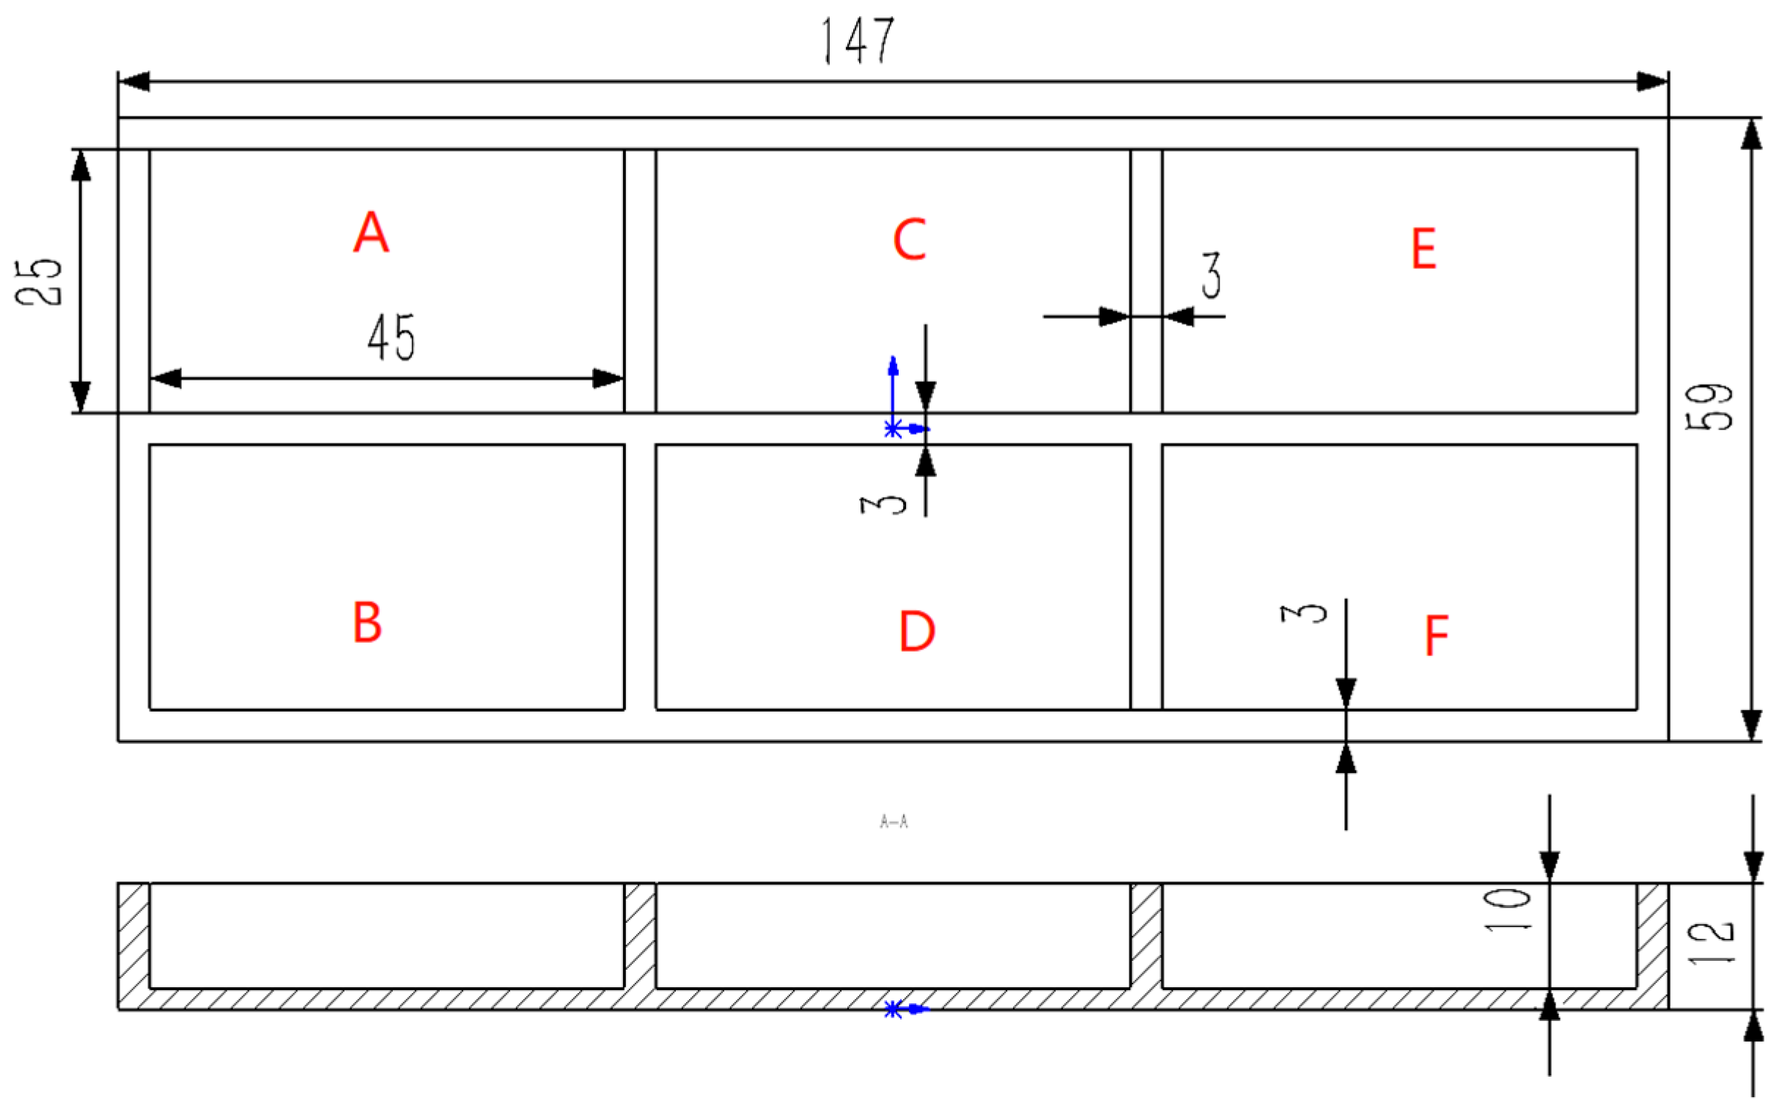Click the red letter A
371,232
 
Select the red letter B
368,622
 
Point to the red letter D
917,631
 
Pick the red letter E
1423,248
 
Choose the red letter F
1436,635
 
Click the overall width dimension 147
858,40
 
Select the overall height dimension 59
1709,405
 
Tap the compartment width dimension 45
391,337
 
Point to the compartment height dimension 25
38,281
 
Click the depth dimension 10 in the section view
1508,910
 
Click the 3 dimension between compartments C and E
1211,275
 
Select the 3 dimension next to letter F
1303,612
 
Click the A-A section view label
894,822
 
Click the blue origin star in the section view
894,1009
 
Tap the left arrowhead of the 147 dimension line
133,81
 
